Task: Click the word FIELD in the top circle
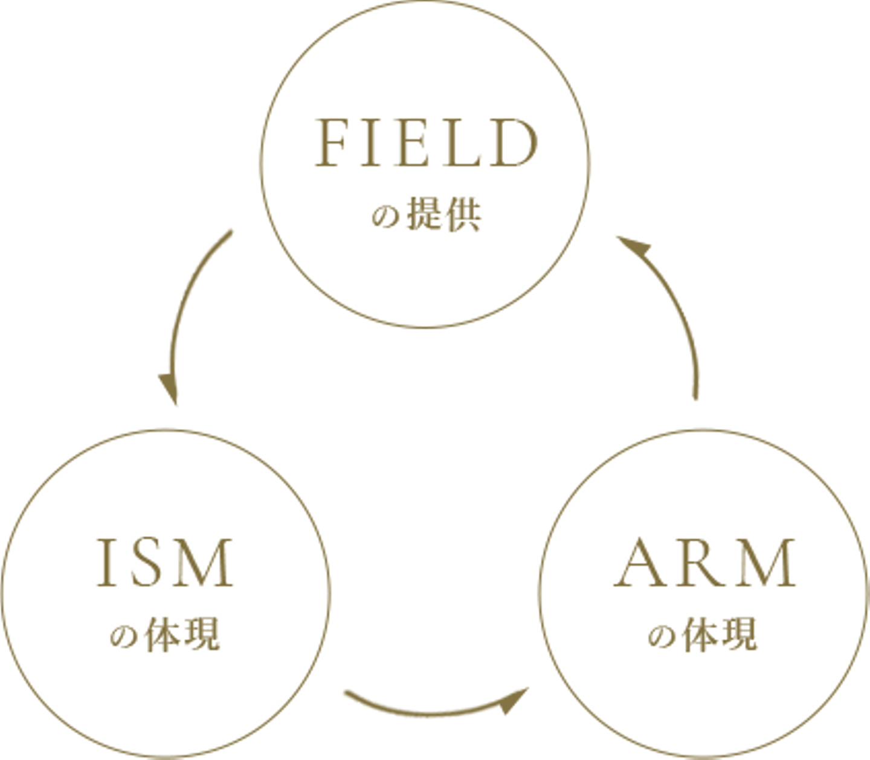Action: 426,144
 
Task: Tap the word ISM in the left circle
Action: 165,564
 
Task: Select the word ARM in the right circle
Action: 704,564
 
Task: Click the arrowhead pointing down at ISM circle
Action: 170,389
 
